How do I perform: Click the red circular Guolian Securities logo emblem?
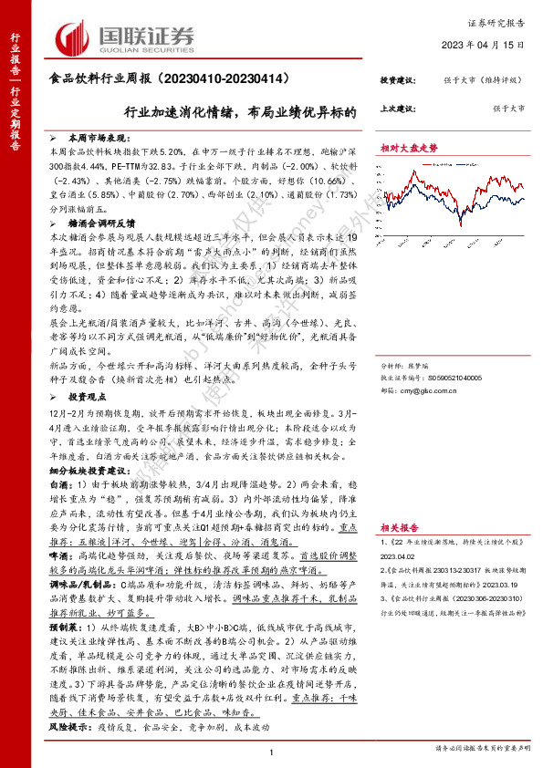pos(68,37)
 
